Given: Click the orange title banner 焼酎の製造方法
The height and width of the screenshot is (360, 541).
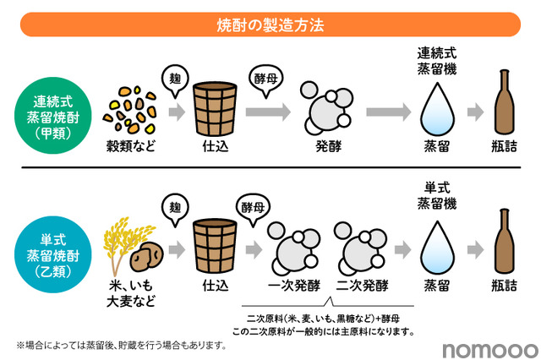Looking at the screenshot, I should pyautogui.click(x=270, y=25).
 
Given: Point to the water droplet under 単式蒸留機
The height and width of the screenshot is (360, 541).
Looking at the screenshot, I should pyautogui.click(x=438, y=244).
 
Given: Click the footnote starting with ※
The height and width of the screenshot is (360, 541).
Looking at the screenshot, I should pyautogui.click(x=123, y=345).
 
